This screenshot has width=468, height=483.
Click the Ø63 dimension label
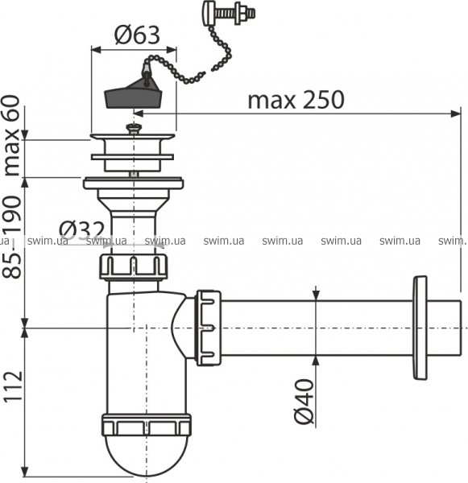click(137, 35)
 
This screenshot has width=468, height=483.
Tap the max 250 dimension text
click(296, 100)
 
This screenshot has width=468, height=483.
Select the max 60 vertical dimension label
click(12, 135)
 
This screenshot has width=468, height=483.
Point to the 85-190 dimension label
click(12, 237)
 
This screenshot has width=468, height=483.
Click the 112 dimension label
click(13, 386)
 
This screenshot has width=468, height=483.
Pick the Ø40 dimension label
click(304, 402)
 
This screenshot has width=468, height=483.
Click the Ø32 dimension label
click(82, 230)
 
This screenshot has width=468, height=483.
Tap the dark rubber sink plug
click(133, 92)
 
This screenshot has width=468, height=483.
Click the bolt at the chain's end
click(229, 13)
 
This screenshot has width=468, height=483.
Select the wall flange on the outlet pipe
click(420, 328)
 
